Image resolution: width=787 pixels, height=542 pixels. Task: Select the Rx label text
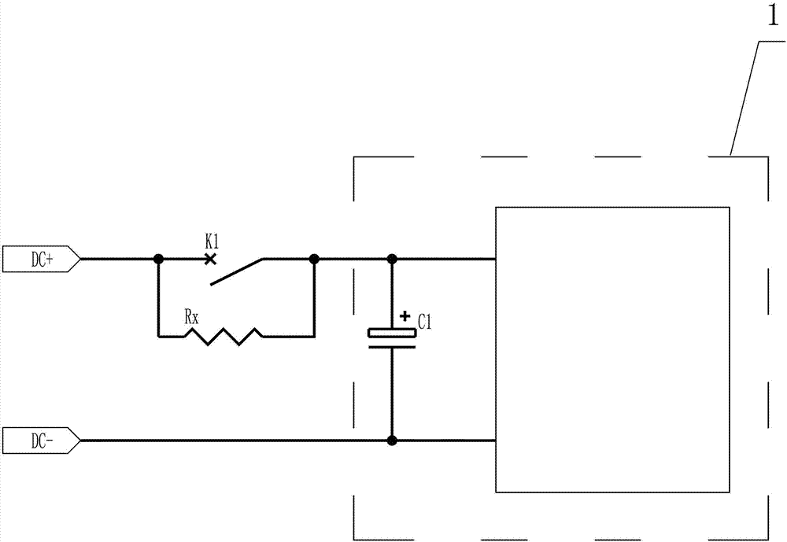tap(190, 317)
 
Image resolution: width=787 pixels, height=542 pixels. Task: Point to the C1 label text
tap(426, 321)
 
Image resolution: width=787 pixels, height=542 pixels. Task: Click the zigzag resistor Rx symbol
tap(224, 337)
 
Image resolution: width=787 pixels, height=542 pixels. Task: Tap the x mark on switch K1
tap(209, 258)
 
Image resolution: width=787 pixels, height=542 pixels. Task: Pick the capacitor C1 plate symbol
tap(392, 336)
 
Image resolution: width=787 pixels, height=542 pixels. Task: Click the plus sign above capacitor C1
tap(405, 316)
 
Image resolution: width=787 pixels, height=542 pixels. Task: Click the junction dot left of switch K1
tap(158, 258)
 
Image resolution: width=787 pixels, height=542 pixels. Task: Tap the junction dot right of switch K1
tap(314, 258)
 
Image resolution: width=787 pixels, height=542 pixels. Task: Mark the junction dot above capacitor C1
tap(392, 258)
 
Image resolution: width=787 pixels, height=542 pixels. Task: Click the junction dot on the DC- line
tap(392, 440)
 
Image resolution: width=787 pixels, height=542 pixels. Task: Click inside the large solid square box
tap(612, 349)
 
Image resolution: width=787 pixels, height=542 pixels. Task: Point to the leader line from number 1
tap(745, 98)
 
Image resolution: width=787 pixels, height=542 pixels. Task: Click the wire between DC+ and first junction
tap(118, 258)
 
